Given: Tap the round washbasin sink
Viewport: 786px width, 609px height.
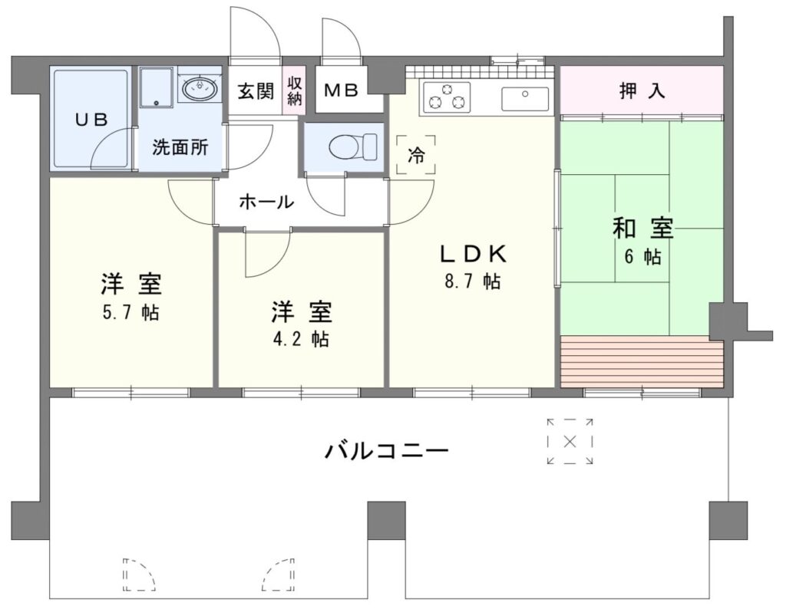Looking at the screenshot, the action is click(x=200, y=89).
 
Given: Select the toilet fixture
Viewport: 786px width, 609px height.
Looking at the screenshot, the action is click(x=353, y=146).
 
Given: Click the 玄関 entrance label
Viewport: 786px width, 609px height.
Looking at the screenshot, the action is click(x=256, y=91).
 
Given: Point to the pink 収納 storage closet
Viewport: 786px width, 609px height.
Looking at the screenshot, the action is click(x=294, y=91).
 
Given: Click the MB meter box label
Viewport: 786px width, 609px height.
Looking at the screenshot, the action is click(x=342, y=91).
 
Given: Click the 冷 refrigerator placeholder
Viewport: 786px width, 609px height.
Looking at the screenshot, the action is click(x=415, y=155).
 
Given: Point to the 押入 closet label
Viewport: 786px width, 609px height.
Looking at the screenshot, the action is click(x=642, y=91).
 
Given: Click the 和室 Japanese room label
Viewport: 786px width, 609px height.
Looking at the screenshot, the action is click(x=642, y=229).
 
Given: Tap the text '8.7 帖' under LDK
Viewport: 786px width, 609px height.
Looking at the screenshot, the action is click(x=472, y=281).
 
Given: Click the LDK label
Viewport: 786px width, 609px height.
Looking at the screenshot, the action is click(x=474, y=255).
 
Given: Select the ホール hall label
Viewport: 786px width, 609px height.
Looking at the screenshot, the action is click(x=266, y=202).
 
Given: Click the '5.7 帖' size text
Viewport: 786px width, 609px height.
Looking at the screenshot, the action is click(x=131, y=312).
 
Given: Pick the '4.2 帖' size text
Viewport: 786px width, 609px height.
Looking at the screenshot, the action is click(x=301, y=339).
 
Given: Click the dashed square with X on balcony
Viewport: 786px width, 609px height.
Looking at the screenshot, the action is click(x=570, y=442).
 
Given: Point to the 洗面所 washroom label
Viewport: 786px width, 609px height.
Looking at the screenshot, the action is click(x=180, y=147).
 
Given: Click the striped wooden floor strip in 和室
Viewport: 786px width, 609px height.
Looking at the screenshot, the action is click(x=642, y=361).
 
